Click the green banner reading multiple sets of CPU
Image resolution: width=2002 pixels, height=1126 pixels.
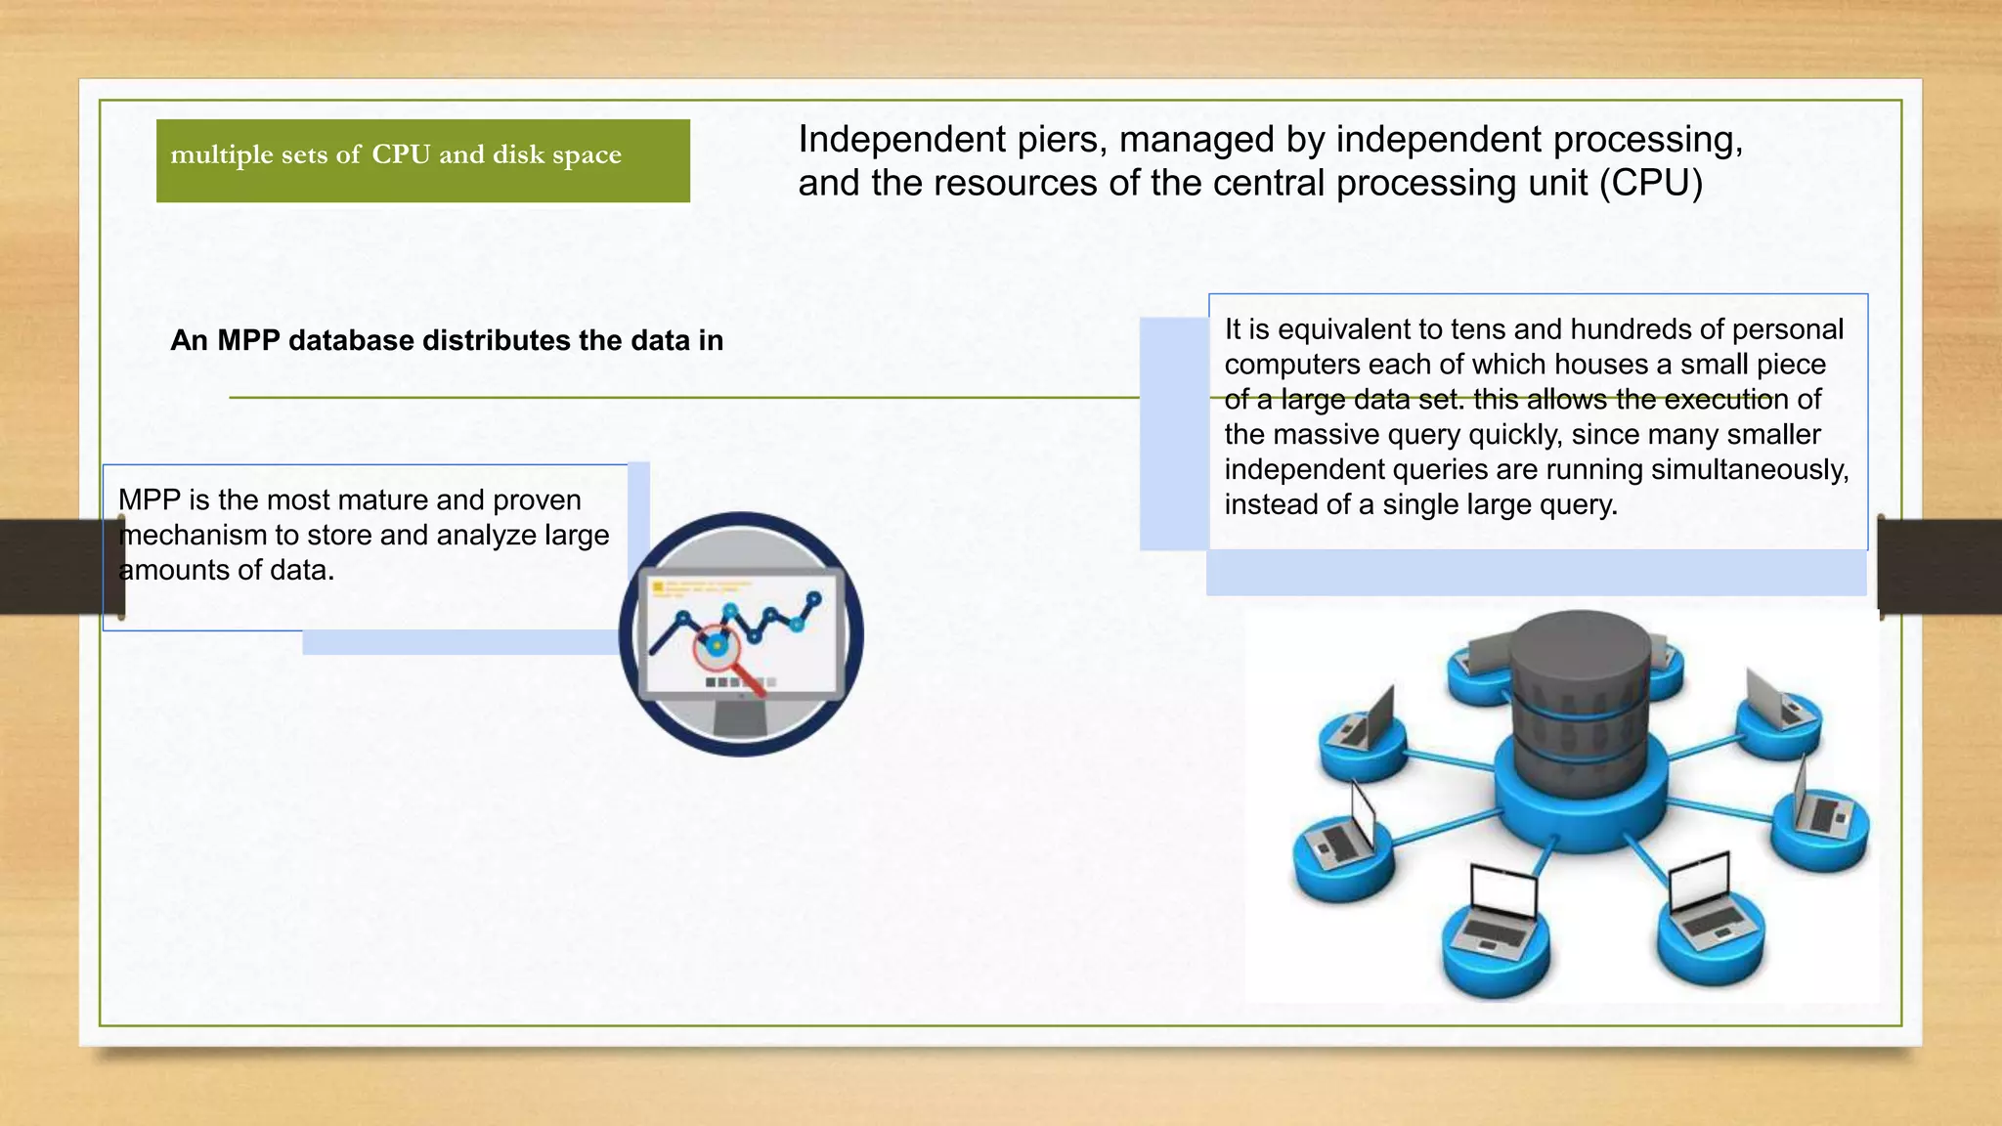[422, 160]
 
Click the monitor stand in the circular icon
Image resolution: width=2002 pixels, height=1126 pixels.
[740, 719]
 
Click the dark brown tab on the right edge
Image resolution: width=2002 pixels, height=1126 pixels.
[1939, 566]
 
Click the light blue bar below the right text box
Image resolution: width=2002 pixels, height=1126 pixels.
[1536, 573]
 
